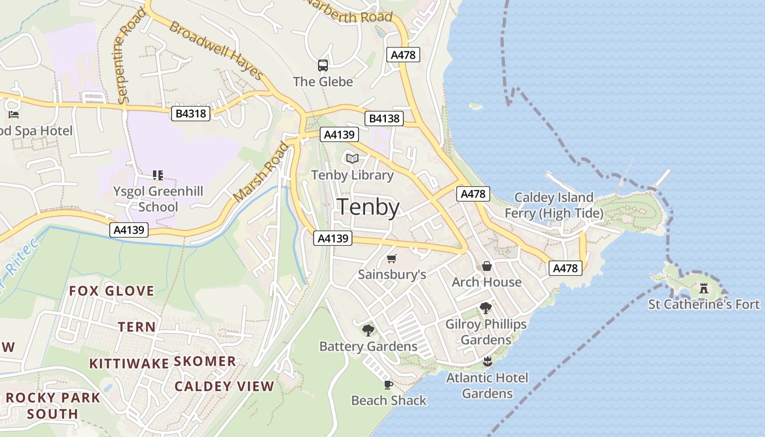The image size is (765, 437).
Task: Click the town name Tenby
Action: pyautogui.click(x=368, y=208)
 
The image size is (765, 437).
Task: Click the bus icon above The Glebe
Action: pyautogui.click(x=323, y=66)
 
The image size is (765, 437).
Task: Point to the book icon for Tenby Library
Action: pyautogui.click(x=352, y=159)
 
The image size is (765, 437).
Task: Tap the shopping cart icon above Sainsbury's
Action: pyautogui.click(x=391, y=258)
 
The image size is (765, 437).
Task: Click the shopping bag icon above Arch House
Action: pyautogui.click(x=486, y=266)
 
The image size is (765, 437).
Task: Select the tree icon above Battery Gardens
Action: pyautogui.click(x=368, y=330)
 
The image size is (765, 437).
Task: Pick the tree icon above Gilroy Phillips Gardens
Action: pyautogui.click(x=485, y=308)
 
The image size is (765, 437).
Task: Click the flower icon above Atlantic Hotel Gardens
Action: pyautogui.click(x=487, y=361)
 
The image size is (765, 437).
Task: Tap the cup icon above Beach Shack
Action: pyautogui.click(x=389, y=385)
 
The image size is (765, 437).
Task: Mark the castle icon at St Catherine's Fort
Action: pyautogui.click(x=704, y=288)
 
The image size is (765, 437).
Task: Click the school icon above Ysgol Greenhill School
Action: pyautogui.click(x=158, y=175)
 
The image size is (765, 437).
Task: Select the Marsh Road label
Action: pyautogui.click(x=260, y=172)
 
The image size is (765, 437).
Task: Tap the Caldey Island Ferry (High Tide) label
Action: pyautogui.click(x=554, y=205)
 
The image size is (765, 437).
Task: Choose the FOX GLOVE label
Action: pyautogui.click(x=111, y=291)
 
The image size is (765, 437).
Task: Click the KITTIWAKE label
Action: pyautogui.click(x=129, y=363)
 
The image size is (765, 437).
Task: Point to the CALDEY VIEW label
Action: pyautogui.click(x=224, y=386)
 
